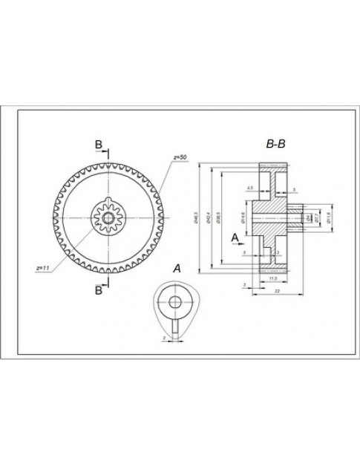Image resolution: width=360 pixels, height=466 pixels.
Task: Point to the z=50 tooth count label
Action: pos(180,158)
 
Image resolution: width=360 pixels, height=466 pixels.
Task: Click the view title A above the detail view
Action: pos(176,267)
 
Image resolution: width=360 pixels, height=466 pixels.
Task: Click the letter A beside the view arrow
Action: pos(235,237)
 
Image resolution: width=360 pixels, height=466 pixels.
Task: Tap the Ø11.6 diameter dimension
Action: pos(327,217)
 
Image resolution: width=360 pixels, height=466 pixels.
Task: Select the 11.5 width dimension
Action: pos(272,278)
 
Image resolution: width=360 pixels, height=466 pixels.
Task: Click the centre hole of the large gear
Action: pos(108,217)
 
